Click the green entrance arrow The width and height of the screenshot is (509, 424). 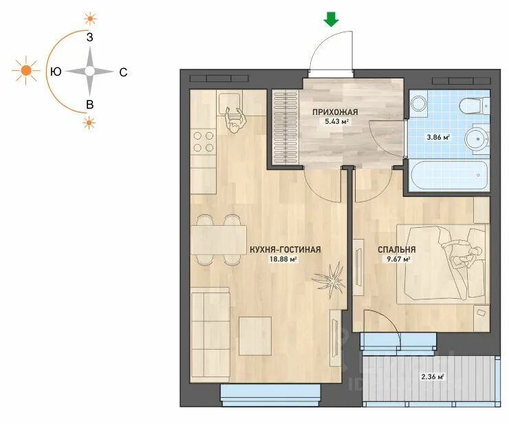(331, 19)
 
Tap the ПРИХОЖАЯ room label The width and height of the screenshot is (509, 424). (335, 112)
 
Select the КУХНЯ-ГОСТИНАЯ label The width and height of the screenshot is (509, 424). (285, 250)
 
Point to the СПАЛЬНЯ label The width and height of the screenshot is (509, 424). (397, 250)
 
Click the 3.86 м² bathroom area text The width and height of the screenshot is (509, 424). (438, 137)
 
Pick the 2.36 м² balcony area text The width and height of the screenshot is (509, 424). (433, 377)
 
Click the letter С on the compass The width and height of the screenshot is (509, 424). (123, 72)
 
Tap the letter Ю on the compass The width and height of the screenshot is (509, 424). (56, 72)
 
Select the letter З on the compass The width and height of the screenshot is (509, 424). (89, 37)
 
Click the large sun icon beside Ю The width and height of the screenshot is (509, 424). (26, 70)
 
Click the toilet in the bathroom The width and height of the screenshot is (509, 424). (474, 106)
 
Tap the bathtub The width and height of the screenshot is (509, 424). (450, 175)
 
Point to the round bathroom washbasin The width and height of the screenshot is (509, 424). (477, 140)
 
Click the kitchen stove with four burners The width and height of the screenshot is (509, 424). (203, 142)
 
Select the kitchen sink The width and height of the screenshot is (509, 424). (229, 101)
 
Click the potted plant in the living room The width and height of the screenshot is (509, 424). (329, 279)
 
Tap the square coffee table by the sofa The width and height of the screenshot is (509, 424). (255, 336)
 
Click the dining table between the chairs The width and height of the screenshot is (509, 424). (219, 240)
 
